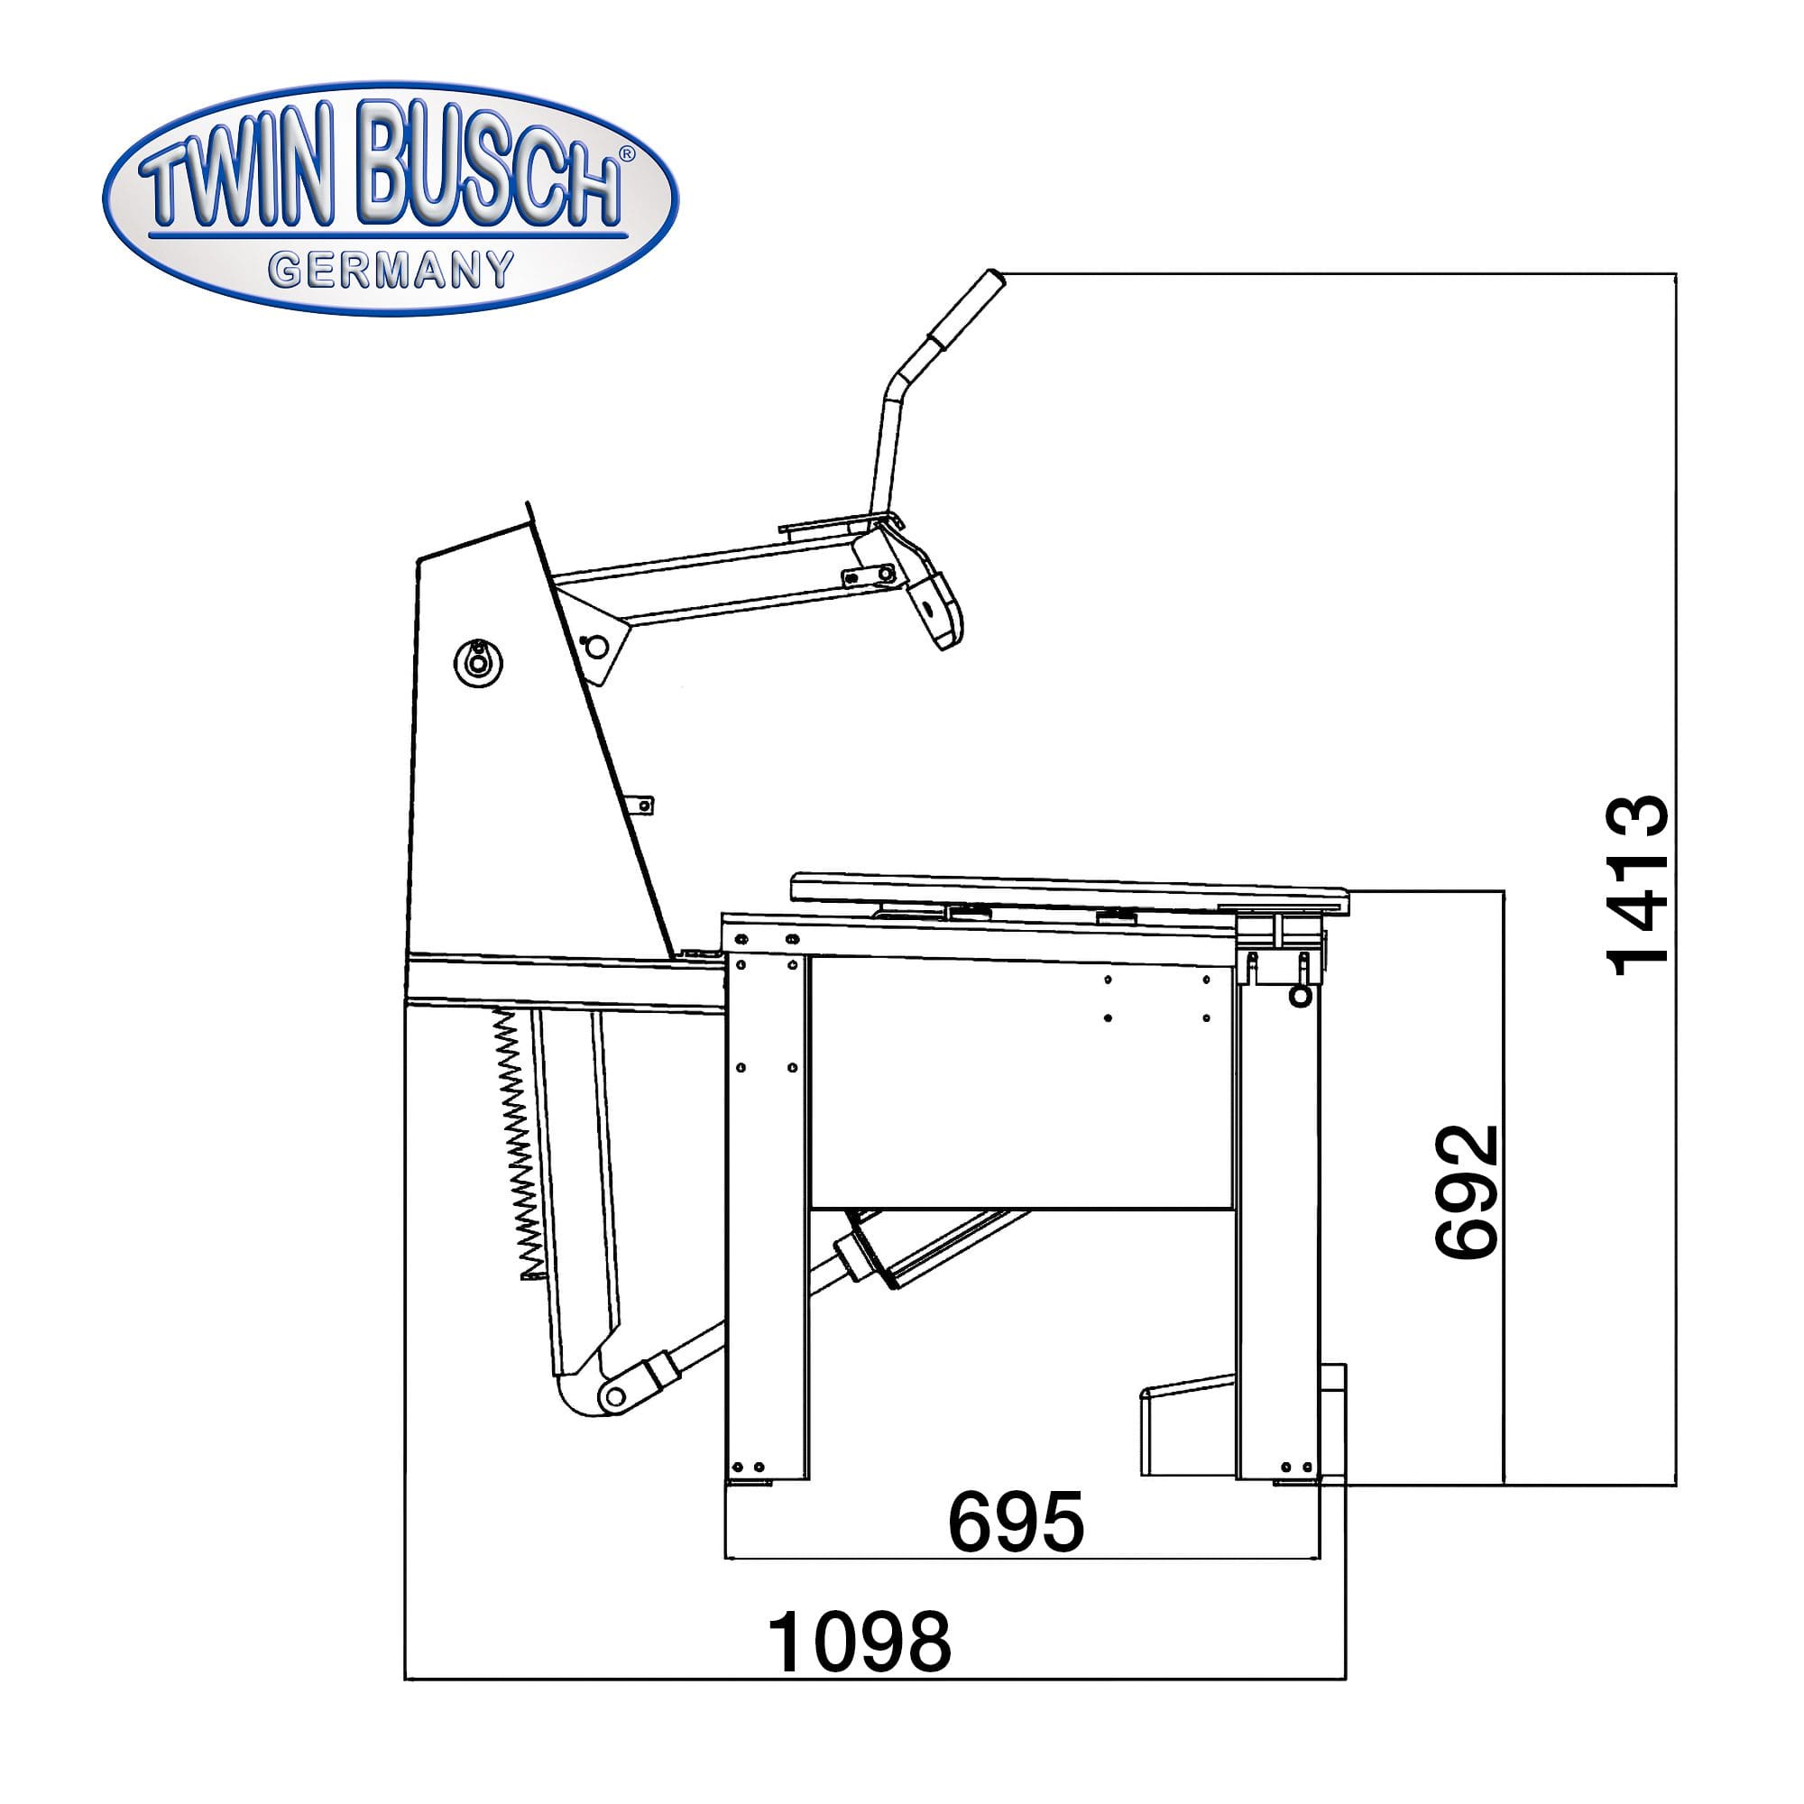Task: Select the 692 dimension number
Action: coord(1466,1192)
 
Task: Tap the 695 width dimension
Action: coord(1016,1521)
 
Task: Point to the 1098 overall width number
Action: coord(859,1642)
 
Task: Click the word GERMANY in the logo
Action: coord(391,270)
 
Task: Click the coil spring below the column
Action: coord(517,1144)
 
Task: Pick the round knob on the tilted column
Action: coord(478,664)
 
